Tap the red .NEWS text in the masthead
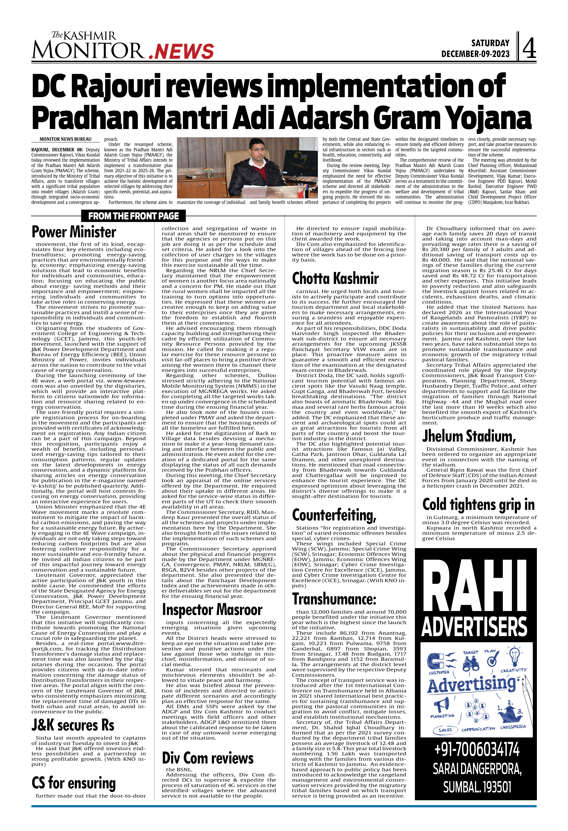pyautogui.click(x=181, y=51)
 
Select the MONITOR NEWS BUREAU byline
pyautogui.click(x=66, y=139)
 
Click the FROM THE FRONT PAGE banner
pyautogui.click(x=134, y=216)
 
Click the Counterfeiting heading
pyautogui.click(x=334, y=515)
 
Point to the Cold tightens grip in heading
pyautogui.click(x=479, y=504)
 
